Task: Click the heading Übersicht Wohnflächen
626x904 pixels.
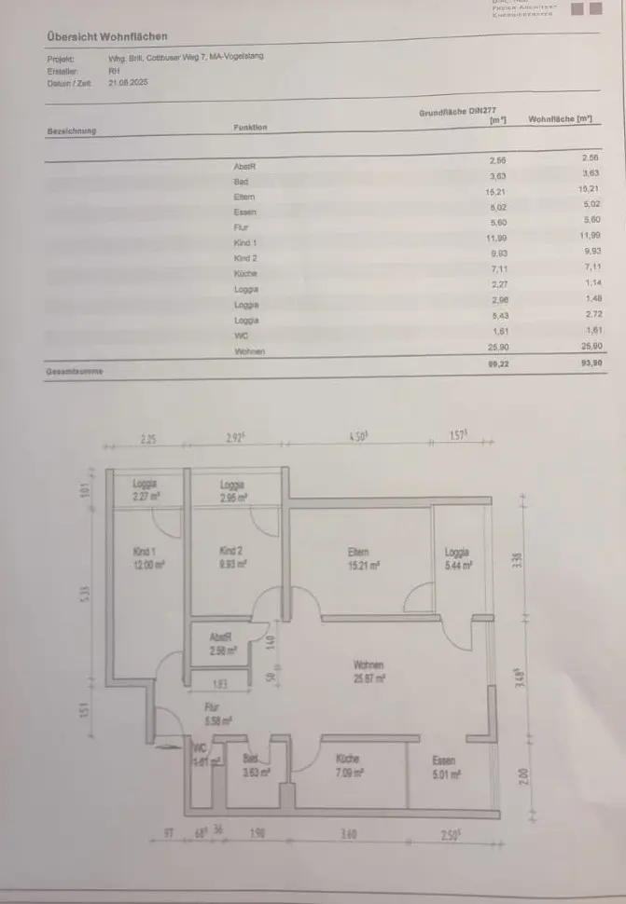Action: pyautogui.click(x=107, y=36)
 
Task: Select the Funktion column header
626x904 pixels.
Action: pyautogui.click(x=250, y=127)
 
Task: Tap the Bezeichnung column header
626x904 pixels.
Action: pyautogui.click(x=72, y=130)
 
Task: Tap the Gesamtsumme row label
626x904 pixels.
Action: pyautogui.click(x=75, y=371)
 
